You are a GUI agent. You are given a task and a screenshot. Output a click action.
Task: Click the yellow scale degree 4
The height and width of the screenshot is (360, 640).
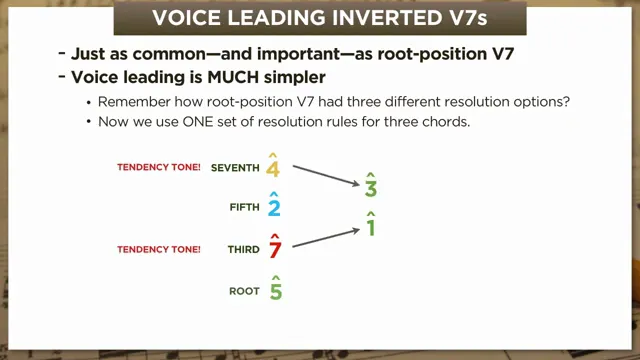coord(273,167)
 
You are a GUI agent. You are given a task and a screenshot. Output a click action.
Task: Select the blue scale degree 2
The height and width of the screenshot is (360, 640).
coord(273,208)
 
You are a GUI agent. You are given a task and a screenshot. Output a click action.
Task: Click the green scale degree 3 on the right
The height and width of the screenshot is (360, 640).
coord(371,187)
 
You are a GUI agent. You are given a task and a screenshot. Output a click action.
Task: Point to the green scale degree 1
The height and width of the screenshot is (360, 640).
coord(370,228)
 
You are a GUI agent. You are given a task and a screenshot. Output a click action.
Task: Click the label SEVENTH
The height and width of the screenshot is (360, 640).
coord(235,168)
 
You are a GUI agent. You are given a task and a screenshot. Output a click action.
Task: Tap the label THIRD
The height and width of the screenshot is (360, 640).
coord(243,250)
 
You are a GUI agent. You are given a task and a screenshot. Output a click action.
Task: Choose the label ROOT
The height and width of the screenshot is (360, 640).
coord(245,292)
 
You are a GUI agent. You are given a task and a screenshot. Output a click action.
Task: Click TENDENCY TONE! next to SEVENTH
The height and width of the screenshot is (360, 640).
coord(159,168)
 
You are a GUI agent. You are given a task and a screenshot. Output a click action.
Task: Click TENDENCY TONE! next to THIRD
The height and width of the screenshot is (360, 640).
coord(159,250)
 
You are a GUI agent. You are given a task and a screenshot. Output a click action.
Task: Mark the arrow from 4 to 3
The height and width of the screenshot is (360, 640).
coord(327,175)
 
